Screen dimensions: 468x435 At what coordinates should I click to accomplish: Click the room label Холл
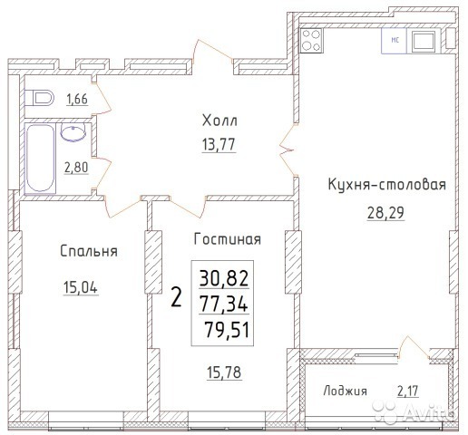click(219, 121)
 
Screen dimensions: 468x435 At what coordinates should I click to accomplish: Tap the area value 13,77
click(219, 144)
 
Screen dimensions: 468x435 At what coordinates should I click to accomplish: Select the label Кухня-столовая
click(387, 184)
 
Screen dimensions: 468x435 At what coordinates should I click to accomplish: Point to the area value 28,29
click(385, 213)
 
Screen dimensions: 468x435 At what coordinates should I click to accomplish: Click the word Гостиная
click(227, 239)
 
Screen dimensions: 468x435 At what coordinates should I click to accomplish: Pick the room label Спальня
click(89, 251)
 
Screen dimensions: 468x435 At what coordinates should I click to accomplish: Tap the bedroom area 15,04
click(81, 287)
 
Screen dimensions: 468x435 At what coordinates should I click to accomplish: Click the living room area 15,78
click(224, 372)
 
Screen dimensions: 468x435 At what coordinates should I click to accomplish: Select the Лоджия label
click(346, 391)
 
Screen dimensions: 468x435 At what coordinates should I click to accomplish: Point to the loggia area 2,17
click(408, 391)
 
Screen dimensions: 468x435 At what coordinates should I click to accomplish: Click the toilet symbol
click(39, 98)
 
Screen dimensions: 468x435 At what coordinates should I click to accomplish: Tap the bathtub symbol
click(41, 158)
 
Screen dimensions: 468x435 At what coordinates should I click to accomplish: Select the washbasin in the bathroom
click(73, 132)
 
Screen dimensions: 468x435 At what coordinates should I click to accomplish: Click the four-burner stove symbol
click(311, 41)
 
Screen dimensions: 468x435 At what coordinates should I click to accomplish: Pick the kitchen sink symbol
click(424, 41)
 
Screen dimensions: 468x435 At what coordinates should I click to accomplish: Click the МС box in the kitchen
click(395, 41)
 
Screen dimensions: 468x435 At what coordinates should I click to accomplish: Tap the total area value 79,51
click(227, 329)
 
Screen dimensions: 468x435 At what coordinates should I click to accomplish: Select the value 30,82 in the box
click(224, 278)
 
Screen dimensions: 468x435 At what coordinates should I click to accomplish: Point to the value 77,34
click(224, 304)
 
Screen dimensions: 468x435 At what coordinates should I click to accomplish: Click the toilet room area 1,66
click(77, 99)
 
